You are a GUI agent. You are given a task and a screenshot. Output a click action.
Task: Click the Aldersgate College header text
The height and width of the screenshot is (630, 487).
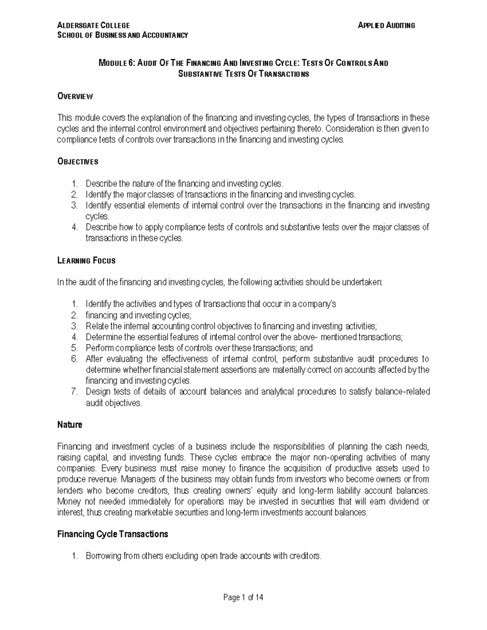tap(94, 25)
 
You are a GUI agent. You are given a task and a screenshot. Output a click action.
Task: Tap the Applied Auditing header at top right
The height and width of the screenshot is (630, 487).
tap(386, 25)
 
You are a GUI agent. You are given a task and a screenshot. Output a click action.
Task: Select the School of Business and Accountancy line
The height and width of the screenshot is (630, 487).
tap(123, 35)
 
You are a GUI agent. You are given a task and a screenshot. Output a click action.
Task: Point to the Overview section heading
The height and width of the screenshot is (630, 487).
tap(75, 96)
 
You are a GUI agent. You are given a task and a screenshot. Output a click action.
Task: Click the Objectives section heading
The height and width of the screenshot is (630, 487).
tap(78, 161)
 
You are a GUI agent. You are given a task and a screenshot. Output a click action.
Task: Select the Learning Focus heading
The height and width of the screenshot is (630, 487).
tap(86, 260)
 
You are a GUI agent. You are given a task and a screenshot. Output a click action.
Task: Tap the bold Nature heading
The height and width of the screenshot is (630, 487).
tap(70, 425)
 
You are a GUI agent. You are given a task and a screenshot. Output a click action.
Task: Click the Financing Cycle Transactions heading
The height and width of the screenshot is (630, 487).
tap(112, 534)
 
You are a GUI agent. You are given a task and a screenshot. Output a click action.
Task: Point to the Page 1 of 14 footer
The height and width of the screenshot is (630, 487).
tap(243, 597)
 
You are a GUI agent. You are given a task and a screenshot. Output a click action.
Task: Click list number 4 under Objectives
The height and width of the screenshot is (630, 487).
tap(74, 227)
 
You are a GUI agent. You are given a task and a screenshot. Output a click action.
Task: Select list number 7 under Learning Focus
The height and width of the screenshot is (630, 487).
tap(74, 392)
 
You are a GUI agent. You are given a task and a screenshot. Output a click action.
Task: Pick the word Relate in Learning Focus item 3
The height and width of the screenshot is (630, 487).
tap(95, 326)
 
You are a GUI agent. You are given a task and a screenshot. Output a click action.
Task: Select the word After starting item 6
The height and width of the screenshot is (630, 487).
tap(94, 359)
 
